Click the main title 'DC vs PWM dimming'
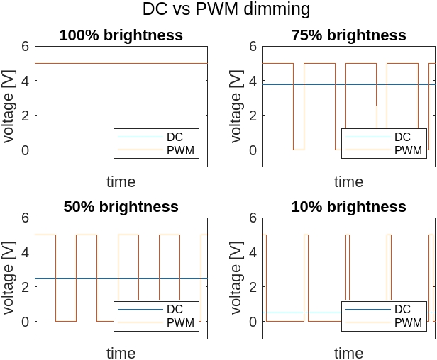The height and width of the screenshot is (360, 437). click(x=226, y=9)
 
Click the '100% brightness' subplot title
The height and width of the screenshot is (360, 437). click(x=121, y=35)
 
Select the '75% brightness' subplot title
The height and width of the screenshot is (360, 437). click(x=348, y=35)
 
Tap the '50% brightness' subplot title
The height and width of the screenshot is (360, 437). click(x=121, y=207)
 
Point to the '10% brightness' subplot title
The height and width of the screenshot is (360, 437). click(x=348, y=207)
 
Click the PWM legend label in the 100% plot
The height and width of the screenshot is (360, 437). click(x=180, y=150)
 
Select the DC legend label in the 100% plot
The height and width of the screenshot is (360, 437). click(x=175, y=137)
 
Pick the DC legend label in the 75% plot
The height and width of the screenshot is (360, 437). click(x=402, y=137)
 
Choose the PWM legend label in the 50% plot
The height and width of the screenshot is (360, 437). click(x=180, y=322)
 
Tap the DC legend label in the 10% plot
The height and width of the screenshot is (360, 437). click(x=402, y=309)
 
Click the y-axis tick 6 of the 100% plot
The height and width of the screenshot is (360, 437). click(x=25, y=47)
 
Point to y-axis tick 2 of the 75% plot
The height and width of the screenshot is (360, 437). click(x=253, y=116)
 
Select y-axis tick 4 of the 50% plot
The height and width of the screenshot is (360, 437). click(x=25, y=252)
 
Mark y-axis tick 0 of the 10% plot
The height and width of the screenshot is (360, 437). click(x=253, y=322)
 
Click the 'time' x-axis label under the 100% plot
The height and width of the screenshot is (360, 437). click(x=121, y=182)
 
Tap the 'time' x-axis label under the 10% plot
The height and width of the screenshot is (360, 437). click(x=348, y=353)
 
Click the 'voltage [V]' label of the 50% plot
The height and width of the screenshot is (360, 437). click(x=9, y=279)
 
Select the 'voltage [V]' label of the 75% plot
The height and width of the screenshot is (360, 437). click(x=237, y=107)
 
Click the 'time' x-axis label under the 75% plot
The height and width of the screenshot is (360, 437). click(x=348, y=182)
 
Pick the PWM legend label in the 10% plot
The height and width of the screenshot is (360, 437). click(x=408, y=322)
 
